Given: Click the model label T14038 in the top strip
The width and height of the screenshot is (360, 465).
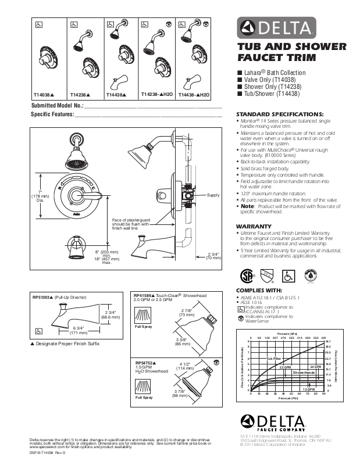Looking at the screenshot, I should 43,94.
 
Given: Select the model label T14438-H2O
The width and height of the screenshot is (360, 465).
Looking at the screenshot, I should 195,94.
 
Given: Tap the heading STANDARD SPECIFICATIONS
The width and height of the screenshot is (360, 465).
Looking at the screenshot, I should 279,113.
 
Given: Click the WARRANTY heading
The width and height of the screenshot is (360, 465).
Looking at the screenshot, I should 254,226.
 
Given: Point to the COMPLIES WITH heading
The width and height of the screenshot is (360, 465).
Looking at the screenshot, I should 259,289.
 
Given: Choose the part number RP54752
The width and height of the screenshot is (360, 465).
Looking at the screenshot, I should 145,362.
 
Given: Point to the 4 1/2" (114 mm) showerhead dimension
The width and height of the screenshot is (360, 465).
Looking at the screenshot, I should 187,366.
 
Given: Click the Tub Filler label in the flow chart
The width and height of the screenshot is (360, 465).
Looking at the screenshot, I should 274,360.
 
